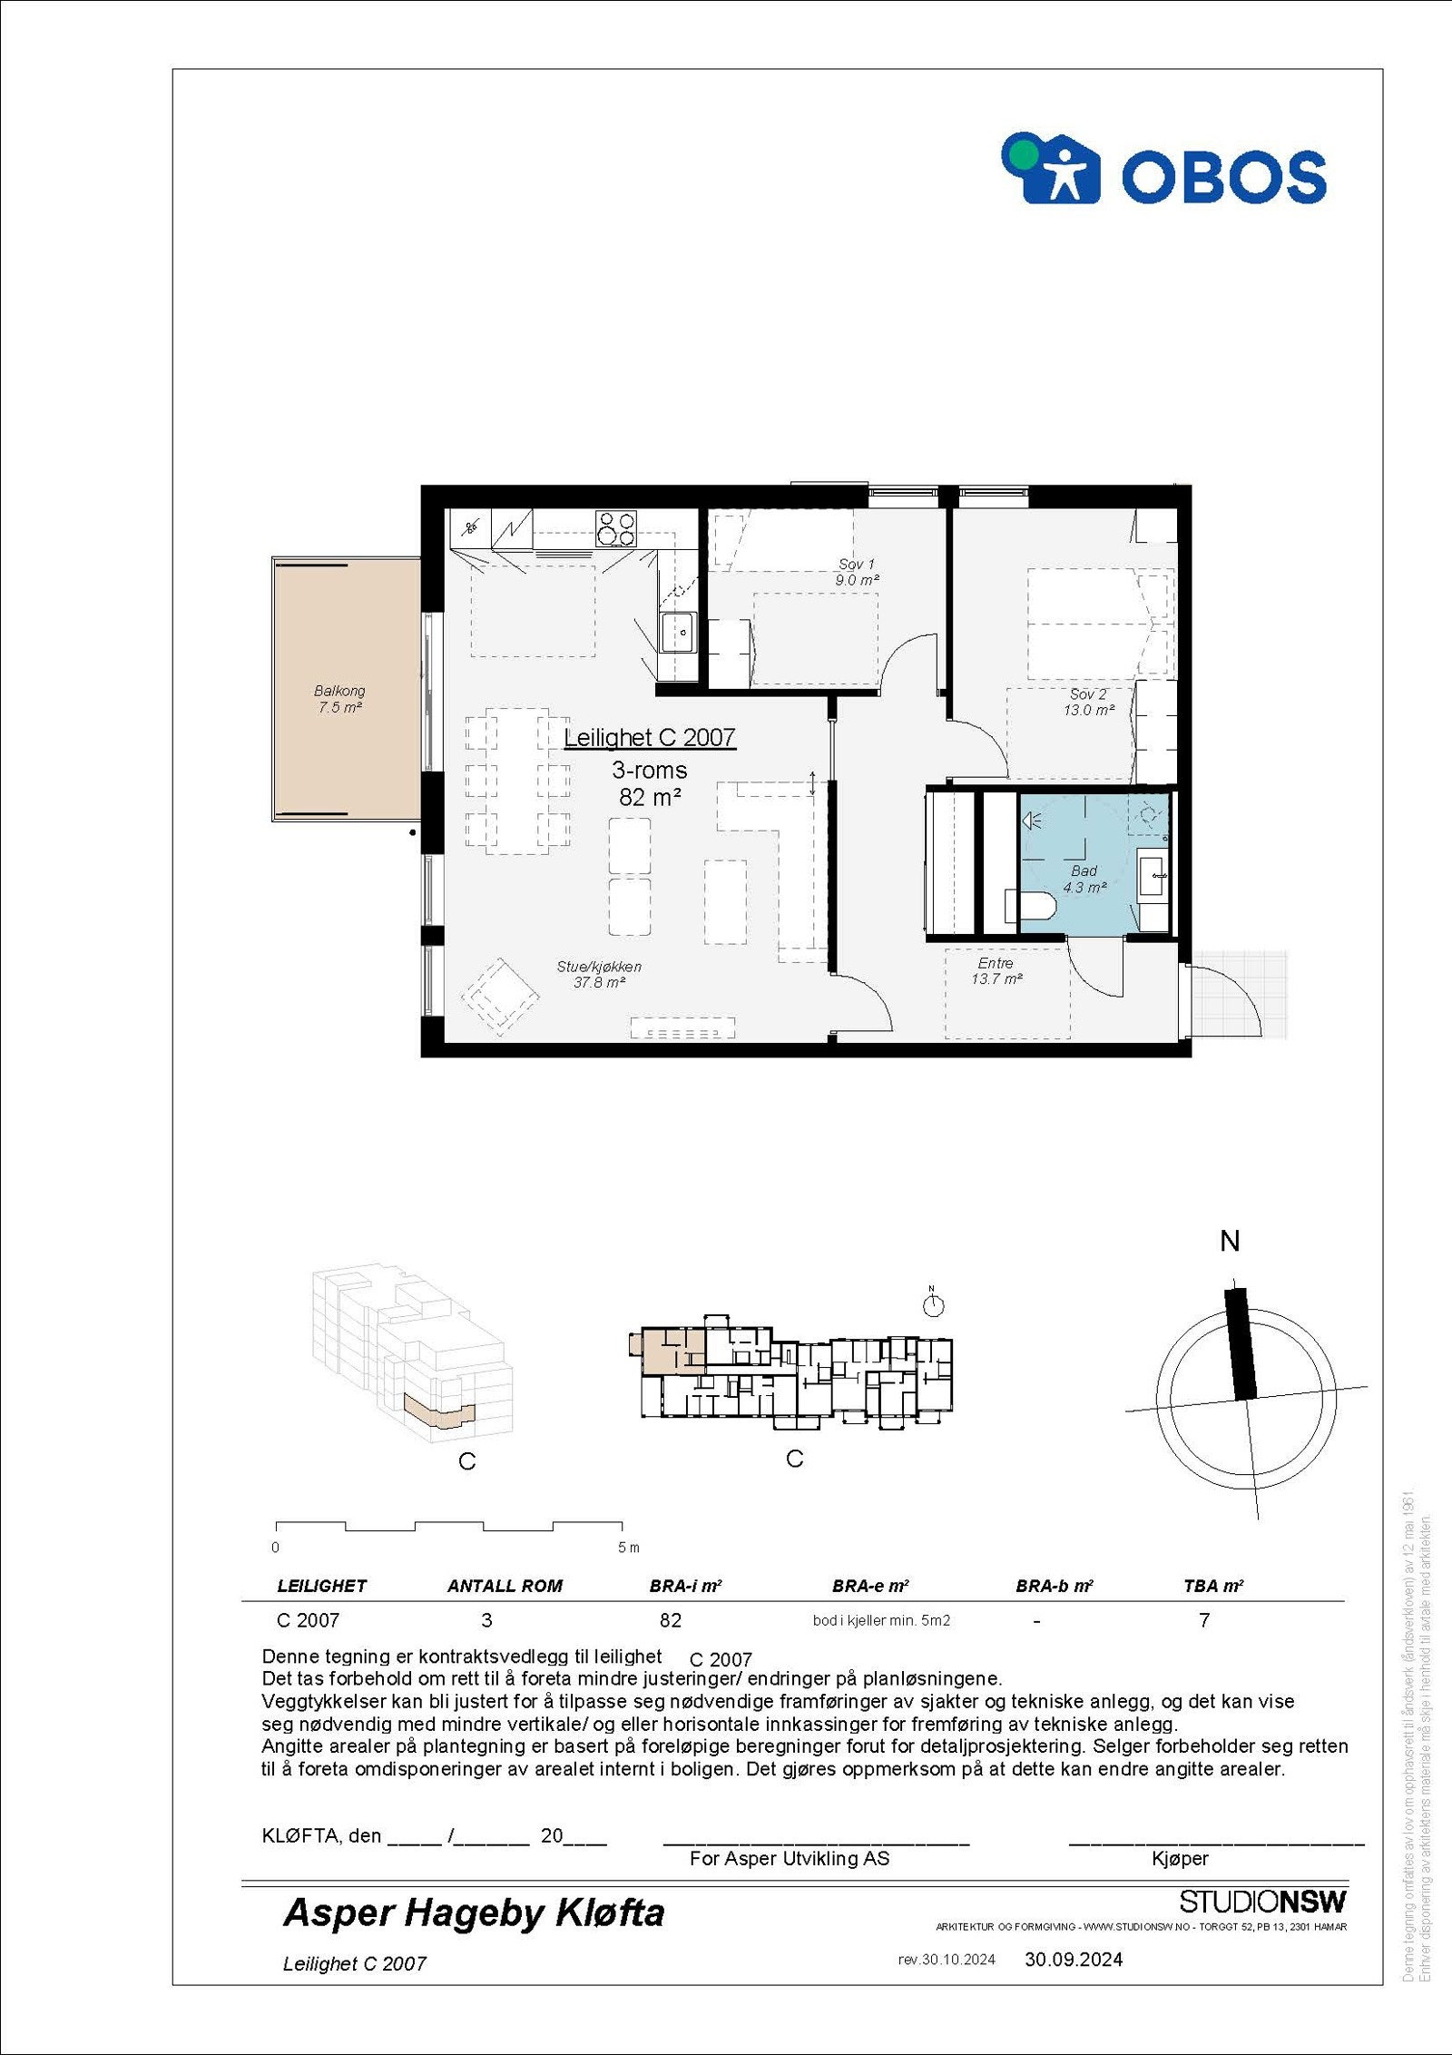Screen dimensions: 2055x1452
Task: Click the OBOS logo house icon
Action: [1051, 169]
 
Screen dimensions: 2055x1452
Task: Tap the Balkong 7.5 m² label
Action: [339, 699]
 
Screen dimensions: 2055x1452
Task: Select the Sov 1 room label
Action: [857, 572]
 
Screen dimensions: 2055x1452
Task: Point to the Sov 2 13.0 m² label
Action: [1088, 702]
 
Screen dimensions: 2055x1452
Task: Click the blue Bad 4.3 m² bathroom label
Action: [1084, 879]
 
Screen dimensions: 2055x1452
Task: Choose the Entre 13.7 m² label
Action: [996, 970]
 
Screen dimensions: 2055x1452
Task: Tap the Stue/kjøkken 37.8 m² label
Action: [599, 974]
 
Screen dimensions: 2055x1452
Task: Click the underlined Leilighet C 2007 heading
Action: [649, 738]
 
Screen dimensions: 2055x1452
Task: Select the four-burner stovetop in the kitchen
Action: [616, 529]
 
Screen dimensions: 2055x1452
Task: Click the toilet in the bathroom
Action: [1030, 907]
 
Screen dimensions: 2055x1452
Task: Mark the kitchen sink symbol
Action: [677, 632]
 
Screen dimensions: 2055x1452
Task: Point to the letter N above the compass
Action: [1230, 1242]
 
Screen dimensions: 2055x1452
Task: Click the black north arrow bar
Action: [1241, 1343]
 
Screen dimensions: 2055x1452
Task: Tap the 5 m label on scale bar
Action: [628, 1548]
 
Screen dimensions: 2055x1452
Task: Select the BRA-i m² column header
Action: [685, 1586]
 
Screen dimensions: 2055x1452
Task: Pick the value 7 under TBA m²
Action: [1204, 1620]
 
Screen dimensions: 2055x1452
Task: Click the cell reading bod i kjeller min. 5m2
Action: [881, 1620]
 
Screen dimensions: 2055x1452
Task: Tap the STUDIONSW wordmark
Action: [1262, 1901]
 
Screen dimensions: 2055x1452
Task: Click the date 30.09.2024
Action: [1074, 1959]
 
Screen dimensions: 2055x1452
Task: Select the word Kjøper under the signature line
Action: [1180, 1858]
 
